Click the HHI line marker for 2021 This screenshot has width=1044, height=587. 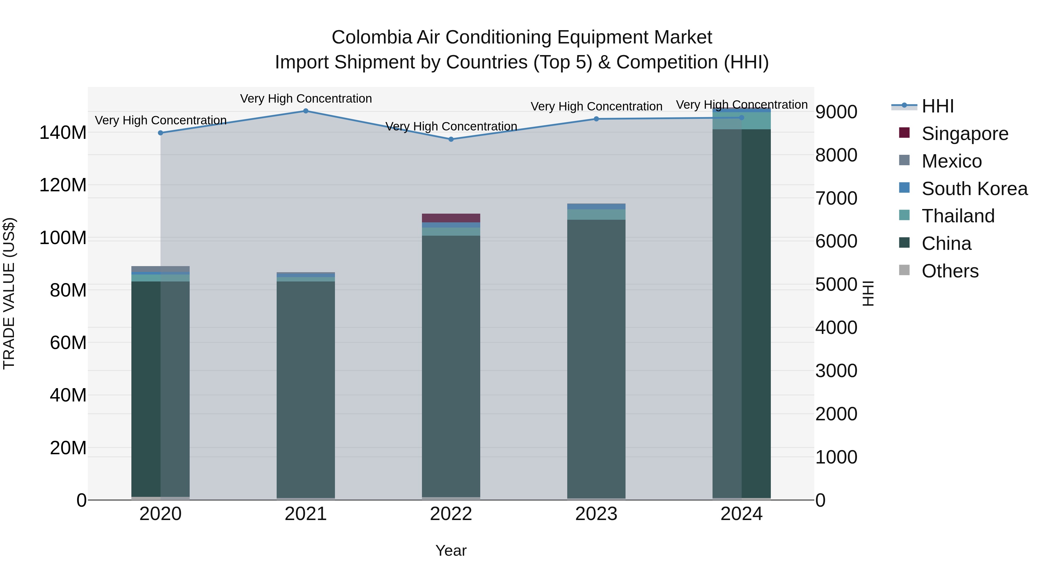[306, 111]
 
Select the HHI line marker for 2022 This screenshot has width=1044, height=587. [451, 139]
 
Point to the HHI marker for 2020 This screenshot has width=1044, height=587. [160, 133]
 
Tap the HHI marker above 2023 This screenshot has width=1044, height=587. [596, 119]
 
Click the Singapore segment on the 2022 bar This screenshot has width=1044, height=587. [451, 218]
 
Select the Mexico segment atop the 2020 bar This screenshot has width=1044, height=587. [160, 269]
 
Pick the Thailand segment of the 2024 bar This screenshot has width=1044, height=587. [742, 121]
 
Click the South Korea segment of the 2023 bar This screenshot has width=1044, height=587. [596, 207]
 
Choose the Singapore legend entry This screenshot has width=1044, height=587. [965, 134]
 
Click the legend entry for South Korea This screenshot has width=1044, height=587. [974, 189]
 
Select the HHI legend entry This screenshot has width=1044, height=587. [937, 106]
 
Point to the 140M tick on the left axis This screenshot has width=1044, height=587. [63, 133]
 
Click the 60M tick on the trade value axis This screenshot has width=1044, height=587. [68, 343]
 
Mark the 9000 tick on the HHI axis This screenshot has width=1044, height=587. [836, 112]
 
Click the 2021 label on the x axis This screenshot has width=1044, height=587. [306, 514]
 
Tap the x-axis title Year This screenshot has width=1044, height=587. [451, 551]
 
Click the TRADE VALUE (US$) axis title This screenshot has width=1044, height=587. [9, 293]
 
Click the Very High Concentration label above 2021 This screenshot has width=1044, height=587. [306, 99]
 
